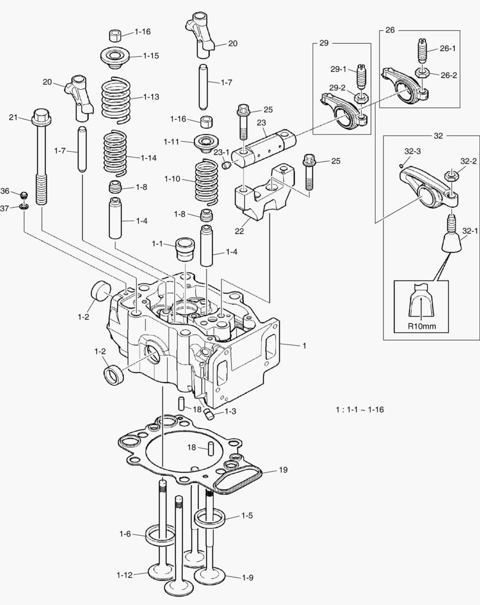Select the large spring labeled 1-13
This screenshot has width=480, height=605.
pos(116,99)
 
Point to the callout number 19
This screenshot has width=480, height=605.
pos(283,470)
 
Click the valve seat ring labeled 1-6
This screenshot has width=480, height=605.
pos(160,535)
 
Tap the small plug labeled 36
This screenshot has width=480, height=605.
pos(24,194)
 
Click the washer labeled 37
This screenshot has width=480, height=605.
pos(24,208)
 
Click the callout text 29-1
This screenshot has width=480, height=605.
pos(339,69)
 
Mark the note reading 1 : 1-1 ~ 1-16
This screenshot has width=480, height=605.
pos(359,409)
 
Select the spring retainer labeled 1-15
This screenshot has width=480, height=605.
pos(116,57)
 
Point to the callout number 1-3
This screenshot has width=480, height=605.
pos(230,411)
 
